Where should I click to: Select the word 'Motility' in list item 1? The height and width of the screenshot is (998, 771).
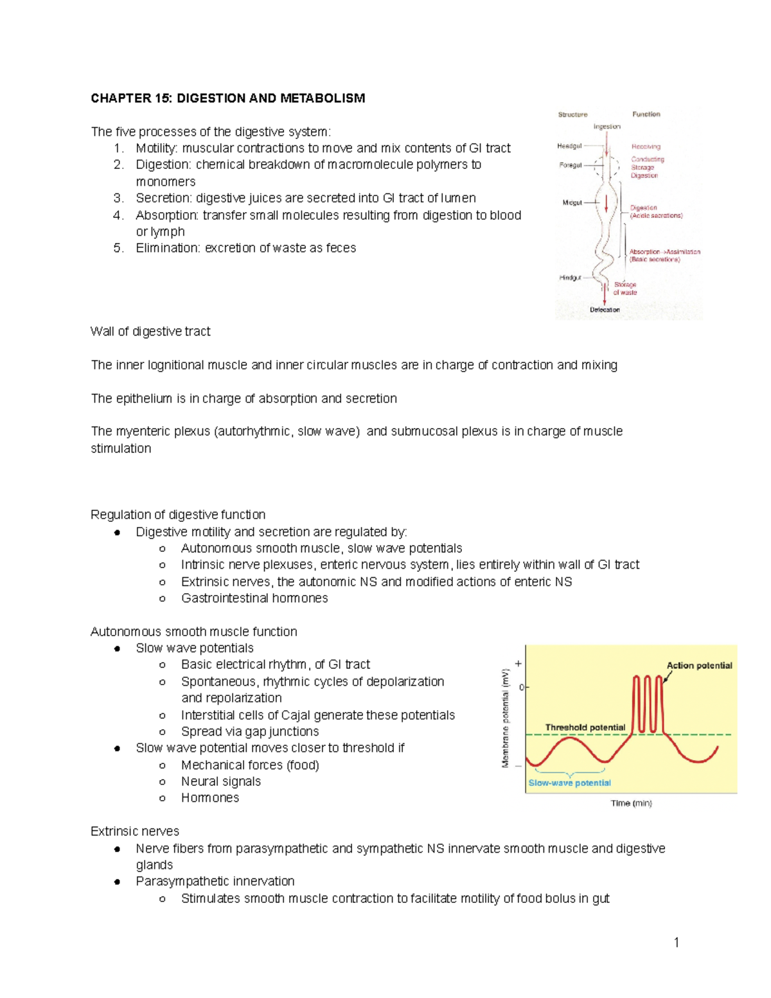[x=155, y=148]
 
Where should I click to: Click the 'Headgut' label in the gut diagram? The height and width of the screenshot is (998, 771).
[x=569, y=147]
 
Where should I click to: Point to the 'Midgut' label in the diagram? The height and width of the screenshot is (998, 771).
[x=572, y=202]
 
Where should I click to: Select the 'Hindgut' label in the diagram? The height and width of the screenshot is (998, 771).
[x=570, y=278]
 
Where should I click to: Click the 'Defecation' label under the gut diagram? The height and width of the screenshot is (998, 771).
[x=605, y=310]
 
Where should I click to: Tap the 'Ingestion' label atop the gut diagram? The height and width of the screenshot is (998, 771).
[x=607, y=127]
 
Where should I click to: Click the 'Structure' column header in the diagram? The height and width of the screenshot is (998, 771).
[x=572, y=114]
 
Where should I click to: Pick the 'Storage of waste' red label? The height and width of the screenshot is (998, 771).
[x=625, y=289]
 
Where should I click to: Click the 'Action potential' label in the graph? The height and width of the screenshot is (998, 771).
[x=699, y=666]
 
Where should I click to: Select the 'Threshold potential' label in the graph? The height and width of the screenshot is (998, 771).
[x=585, y=727]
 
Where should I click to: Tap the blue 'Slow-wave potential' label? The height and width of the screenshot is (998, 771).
[x=569, y=783]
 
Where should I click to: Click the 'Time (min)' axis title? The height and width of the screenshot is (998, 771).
[x=631, y=803]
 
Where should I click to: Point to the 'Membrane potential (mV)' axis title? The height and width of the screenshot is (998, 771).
[x=506, y=718]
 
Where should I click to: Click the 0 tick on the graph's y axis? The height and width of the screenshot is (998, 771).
[x=522, y=687]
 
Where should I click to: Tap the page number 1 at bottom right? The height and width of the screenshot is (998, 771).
[x=677, y=943]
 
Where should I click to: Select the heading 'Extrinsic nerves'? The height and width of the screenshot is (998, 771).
[x=135, y=832]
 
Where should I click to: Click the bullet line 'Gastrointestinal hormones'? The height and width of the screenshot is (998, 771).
[x=254, y=598]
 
